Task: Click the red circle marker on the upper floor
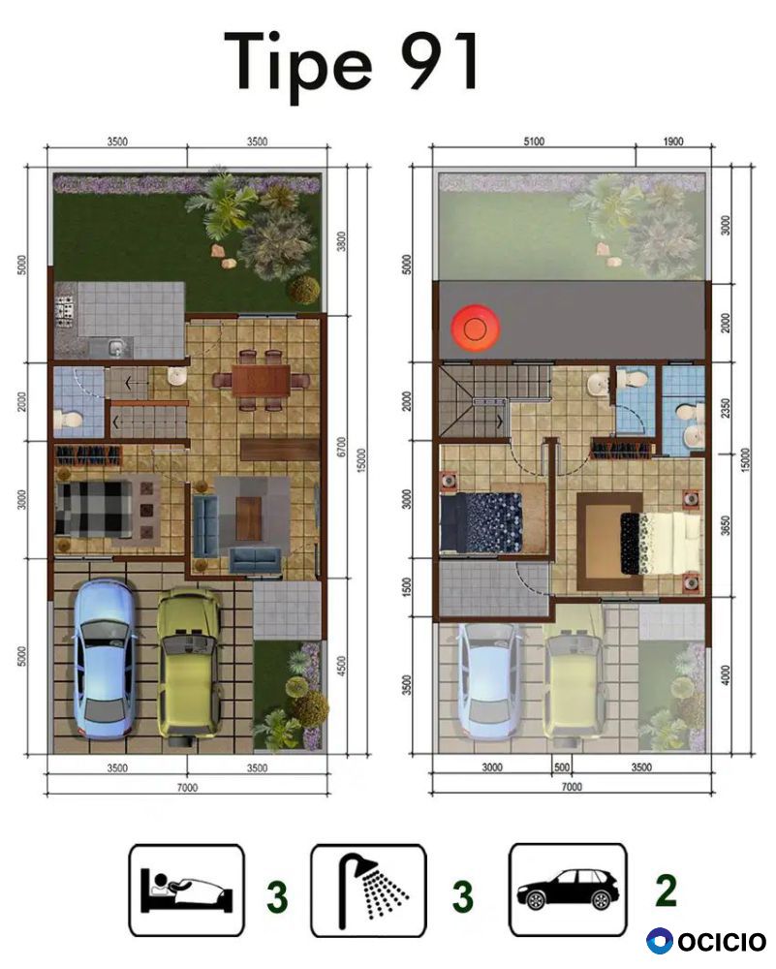(475, 328)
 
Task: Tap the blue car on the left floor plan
(104, 659)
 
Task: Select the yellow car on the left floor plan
(188, 664)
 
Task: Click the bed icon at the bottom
(187, 891)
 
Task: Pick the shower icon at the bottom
(368, 891)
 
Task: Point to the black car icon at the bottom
(567, 890)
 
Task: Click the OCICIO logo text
(723, 942)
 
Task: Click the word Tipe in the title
(298, 64)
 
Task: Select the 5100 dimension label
(534, 141)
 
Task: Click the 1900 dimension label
(673, 141)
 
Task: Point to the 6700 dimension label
(342, 447)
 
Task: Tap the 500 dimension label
(562, 766)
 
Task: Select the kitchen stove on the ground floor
(65, 311)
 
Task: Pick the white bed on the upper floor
(661, 543)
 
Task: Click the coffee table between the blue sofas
(248, 517)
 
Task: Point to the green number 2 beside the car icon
(666, 891)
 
